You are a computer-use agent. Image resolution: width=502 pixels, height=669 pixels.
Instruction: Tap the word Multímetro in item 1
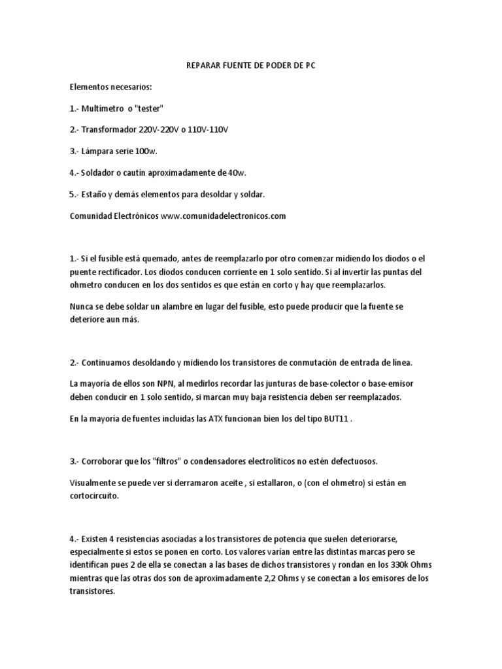click(103, 108)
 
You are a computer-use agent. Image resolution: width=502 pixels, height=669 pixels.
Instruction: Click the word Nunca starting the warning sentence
click(82, 306)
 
